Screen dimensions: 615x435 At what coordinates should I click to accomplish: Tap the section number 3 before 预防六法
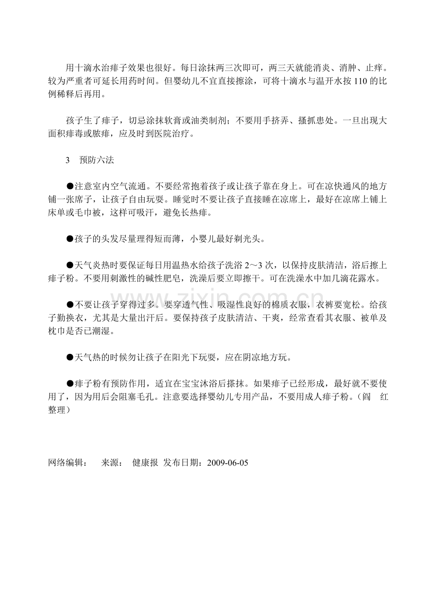(68, 160)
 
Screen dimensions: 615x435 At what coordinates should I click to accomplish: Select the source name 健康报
(145, 463)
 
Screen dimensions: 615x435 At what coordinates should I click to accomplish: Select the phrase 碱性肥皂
(170, 279)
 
